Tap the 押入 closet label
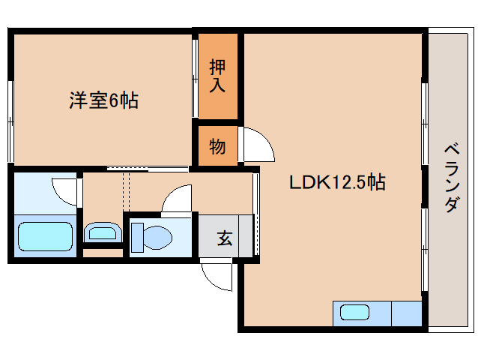(x=217, y=75)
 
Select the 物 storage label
(x=217, y=146)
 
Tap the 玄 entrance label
(x=224, y=238)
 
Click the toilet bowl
(x=154, y=238)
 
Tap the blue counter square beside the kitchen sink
(x=406, y=313)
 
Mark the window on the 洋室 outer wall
(x=10, y=120)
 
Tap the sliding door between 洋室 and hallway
(x=146, y=168)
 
